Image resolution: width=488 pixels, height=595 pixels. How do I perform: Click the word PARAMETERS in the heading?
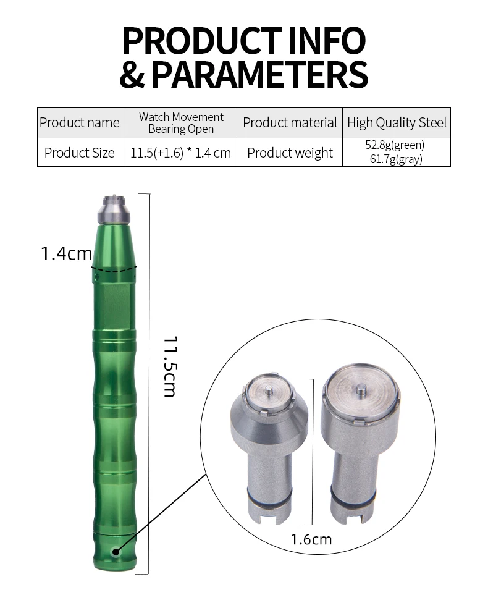(x=259, y=74)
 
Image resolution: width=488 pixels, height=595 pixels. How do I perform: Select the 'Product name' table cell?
(x=80, y=122)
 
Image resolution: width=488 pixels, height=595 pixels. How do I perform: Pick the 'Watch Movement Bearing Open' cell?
(x=181, y=122)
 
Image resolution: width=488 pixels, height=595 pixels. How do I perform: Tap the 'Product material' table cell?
(x=290, y=122)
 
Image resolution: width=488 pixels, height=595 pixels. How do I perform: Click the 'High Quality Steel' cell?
(x=397, y=122)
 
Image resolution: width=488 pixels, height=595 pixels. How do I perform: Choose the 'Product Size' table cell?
(x=80, y=153)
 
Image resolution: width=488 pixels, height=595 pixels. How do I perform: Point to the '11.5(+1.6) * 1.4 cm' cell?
(x=181, y=153)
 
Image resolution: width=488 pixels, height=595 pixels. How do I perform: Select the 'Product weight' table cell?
(x=290, y=153)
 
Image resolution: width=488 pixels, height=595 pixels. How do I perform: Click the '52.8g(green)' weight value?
(x=395, y=146)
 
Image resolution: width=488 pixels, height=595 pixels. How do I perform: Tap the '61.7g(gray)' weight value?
(x=395, y=159)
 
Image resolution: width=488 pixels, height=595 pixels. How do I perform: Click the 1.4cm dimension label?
(x=66, y=253)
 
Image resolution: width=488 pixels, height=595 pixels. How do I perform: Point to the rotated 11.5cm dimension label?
(x=170, y=366)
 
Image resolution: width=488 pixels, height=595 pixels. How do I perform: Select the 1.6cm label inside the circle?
(x=311, y=539)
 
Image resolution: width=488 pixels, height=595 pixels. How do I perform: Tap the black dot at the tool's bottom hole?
(x=115, y=551)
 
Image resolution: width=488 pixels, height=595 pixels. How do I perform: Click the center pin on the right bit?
(x=360, y=390)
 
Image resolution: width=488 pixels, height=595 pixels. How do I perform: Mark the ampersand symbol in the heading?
(x=133, y=74)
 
